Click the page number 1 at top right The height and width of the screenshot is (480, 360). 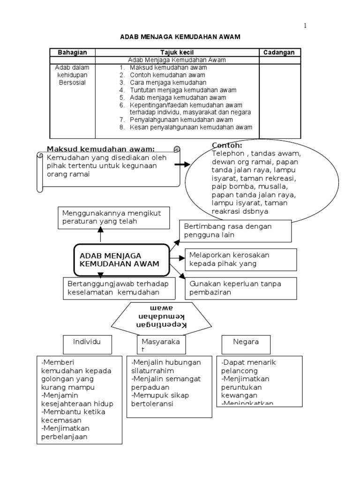[x=305, y=26]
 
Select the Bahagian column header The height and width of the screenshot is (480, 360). [x=72, y=52]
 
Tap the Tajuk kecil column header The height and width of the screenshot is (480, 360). [x=177, y=52]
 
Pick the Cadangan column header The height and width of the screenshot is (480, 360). [x=279, y=52]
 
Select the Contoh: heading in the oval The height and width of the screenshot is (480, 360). [x=227, y=145]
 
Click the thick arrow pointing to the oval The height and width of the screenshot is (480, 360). [x=182, y=165]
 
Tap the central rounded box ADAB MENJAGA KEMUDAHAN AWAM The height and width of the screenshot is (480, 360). [x=121, y=259]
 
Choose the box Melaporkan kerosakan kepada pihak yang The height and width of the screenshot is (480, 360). [x=241, y=259]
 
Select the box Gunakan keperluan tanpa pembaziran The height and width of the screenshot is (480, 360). [x=241, y=288]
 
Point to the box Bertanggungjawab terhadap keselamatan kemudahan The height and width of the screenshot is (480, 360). [x=118, y=288]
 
